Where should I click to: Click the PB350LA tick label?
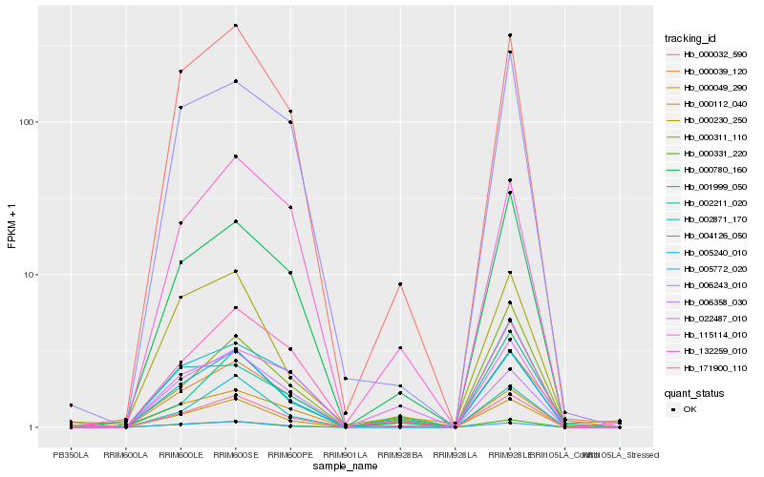[x=70, y=455]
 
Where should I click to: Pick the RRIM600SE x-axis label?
[x=235, y=455]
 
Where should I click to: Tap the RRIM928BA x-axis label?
[x=400, y=455]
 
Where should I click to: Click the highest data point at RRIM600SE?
[x=235, y=25]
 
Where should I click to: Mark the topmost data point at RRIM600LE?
[x=180, y=72]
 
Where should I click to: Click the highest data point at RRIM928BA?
[x=400, y=284]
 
